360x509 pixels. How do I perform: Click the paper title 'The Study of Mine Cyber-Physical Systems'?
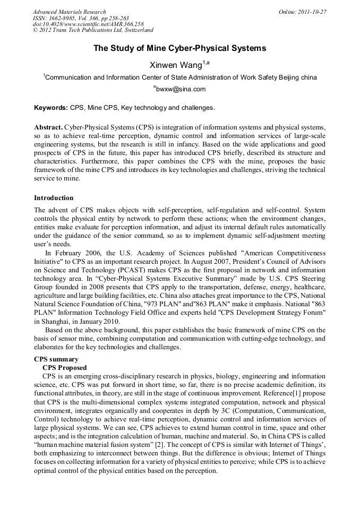[x=179, y=48]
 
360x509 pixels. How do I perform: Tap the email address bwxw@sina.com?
[x=179, y=89]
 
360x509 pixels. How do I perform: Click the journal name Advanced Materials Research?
[x=69, y=12]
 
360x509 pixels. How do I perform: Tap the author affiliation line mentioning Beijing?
[x=179, y=77]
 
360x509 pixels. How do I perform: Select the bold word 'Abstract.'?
[x=48, y=128]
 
